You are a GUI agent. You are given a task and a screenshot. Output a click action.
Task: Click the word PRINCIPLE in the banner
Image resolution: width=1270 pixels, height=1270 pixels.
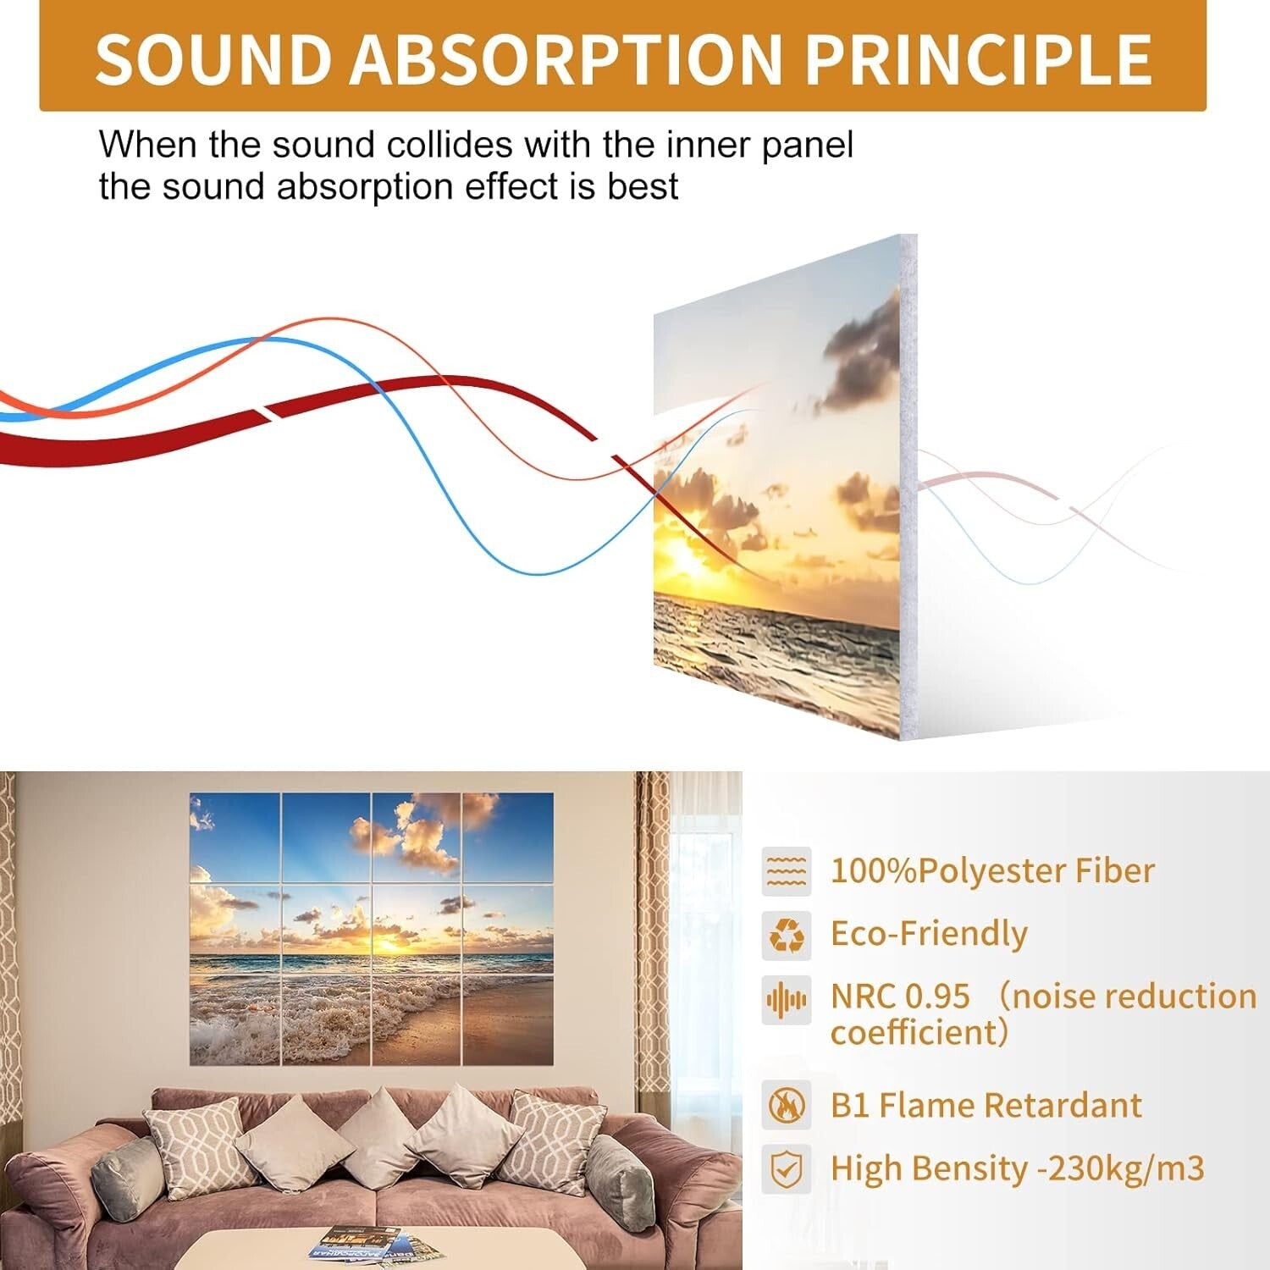(977, 59)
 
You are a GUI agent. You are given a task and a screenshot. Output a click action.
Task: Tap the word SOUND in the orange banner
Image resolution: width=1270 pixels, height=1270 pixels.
(213, 59)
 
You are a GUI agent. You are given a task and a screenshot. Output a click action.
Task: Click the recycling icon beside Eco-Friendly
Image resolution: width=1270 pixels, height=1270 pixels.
(786, 935)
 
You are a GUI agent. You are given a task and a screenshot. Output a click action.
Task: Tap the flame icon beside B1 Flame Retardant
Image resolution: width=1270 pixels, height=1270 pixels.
(786, 1105)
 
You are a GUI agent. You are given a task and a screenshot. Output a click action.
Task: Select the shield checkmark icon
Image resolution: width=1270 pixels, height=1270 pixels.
(786, 1169)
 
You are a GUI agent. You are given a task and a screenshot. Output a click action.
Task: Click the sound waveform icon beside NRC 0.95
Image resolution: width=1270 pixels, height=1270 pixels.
(786, 1000)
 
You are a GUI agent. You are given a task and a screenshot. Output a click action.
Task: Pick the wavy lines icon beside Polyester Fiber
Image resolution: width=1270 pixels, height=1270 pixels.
(786, 871)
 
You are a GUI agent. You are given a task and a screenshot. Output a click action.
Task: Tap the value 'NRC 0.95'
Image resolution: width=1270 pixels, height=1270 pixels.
(900, 997)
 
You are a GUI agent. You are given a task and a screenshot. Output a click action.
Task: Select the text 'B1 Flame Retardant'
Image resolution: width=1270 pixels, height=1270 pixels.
(986, 1105)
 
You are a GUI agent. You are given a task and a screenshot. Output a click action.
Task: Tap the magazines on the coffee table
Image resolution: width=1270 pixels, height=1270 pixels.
(373, 1245)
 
